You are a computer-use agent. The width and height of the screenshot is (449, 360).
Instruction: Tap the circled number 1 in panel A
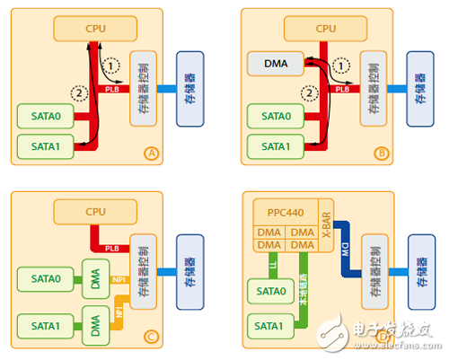(x=110, y=66)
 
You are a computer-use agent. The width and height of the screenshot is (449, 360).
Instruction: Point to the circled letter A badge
(x=151, y=153)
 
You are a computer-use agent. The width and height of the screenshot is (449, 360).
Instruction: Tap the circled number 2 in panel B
(x=310, y=92)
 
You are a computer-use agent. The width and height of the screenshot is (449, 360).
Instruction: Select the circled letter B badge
(x=383, y=154)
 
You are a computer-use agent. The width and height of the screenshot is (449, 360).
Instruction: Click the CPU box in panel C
(x=95, y=212)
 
